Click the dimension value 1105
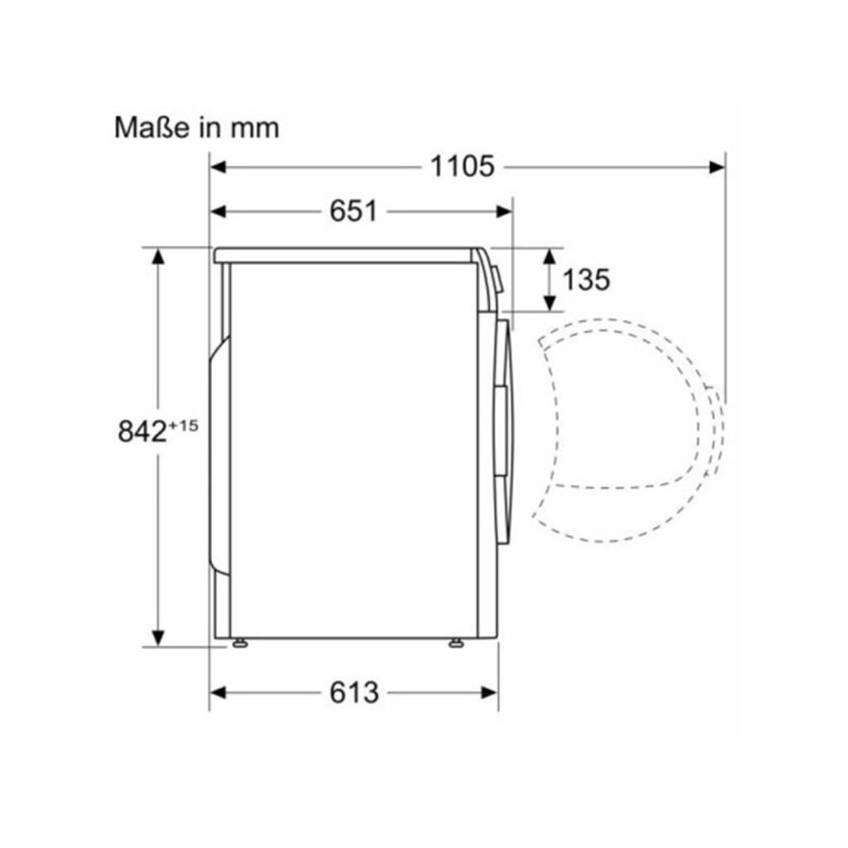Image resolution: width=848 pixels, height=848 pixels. coord(462,166)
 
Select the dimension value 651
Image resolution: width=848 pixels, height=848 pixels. coord(354,211)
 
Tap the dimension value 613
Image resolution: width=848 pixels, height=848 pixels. coord(354,692)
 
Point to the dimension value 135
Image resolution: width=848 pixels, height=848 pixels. coord(586,280)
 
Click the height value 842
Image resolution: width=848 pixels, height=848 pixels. coord(142,431)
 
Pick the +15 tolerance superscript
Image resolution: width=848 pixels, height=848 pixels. coord(183,426)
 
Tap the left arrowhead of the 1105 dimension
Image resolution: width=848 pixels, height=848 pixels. coord(218,167)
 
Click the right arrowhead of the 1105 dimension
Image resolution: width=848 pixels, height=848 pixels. coord(718,167)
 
